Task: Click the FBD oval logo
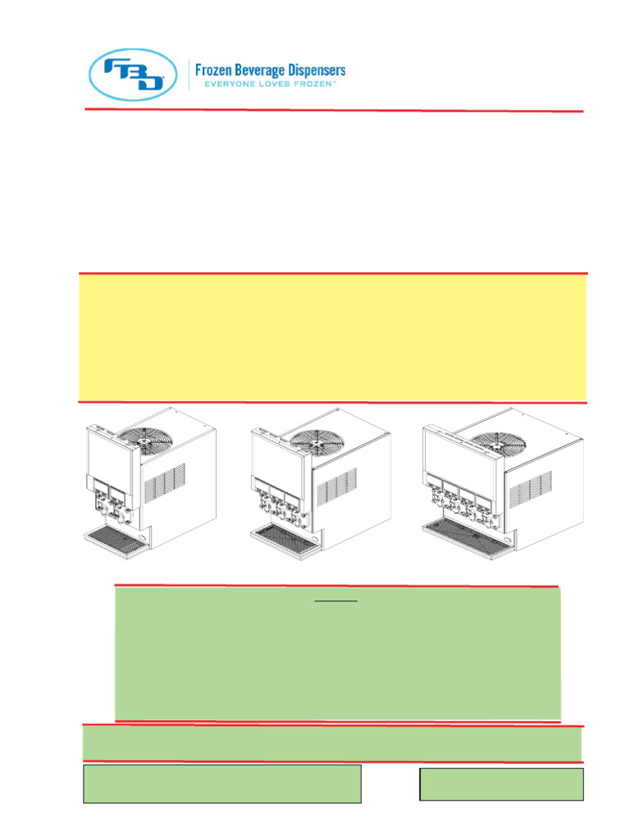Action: (x=133, y=75)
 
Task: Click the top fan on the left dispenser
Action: (x=144, y=440)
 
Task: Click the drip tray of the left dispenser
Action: (x=117, y=536)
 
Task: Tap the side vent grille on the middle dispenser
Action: (x=336, y=486)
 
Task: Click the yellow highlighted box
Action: (x=333, y=337)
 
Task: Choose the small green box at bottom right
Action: (x=501, y=783)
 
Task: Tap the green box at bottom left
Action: (x=221, y=783)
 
